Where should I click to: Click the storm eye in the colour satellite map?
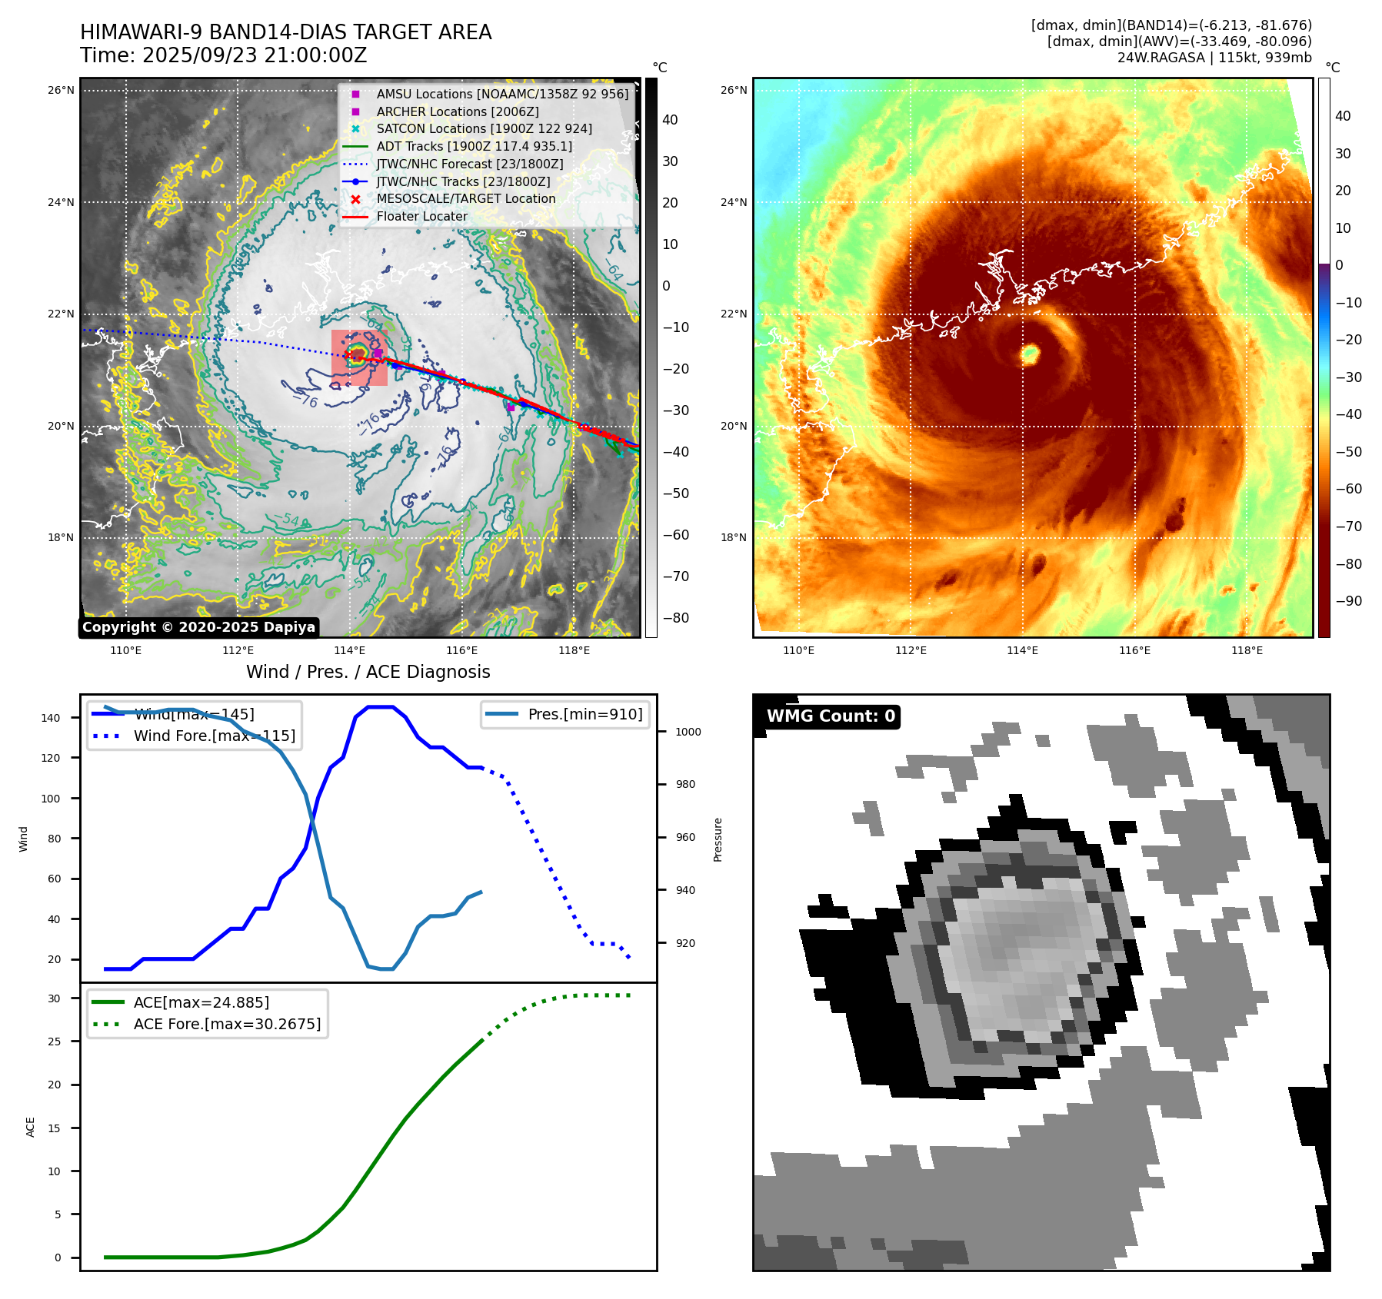tap(1030, 354)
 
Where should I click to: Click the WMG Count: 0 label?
tap(831, 716)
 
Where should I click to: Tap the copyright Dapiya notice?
tap(198, 627)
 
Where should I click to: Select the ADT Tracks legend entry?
tap(474, 146)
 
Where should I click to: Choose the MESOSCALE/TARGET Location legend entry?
tap(465, 198)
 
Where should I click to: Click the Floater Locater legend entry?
tap(421, 216)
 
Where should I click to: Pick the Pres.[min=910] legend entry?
tap(584, 714)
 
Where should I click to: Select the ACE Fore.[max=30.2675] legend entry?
tap(227, 1024)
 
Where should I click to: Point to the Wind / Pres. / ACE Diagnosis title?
tap(368, 672)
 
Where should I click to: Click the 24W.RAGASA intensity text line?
tap(1214, 58)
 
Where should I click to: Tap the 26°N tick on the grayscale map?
tap(61, 90)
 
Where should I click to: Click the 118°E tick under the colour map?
tap(1247, 650)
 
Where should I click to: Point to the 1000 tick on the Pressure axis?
tap(688, 732)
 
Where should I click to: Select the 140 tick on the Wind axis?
tap(51, 718)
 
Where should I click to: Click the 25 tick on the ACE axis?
tap(54, 1042)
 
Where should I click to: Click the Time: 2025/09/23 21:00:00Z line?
tap(224, 56)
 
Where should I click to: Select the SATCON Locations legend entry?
tap(484, 128)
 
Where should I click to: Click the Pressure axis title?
tap(718, 839)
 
